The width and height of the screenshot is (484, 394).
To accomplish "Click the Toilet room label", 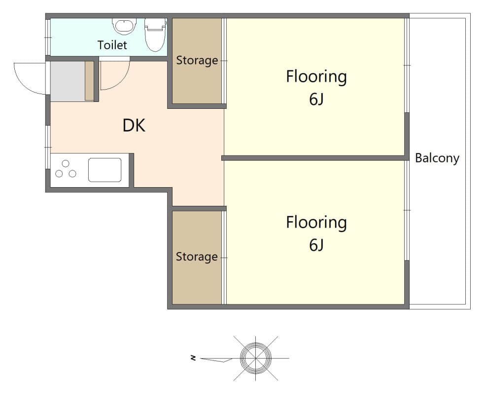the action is pyautogui.click(x=112, y=45).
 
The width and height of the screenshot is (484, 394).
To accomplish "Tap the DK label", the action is pyautogui.click(x=134, y=126).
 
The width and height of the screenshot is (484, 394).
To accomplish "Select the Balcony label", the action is pyautogui.click(x=437, y=158).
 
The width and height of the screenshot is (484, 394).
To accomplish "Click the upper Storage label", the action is pyautogui.click(x=197, y=60).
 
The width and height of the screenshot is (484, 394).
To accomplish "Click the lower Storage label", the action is pyautogui.click(x=197, y=257).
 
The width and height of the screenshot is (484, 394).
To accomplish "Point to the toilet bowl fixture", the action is pyautogui.click(x=155, y=34).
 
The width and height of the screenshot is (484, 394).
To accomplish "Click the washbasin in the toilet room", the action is pyautogui.click(x=124, y=26).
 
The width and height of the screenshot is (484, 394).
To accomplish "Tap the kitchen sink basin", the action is pyautogui.click(x=104, y=170).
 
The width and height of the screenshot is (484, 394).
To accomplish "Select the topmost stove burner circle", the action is pyautogui.click(x=66, y=164).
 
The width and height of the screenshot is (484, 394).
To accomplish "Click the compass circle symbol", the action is pyautogui.click(x=256, y=359).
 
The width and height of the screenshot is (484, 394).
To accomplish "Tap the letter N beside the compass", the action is pyautogui.click(x=193, y=358).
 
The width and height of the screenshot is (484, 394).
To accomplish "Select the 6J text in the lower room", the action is pyautogui.click(x=316, y=245).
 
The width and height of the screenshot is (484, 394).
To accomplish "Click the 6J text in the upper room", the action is pyautogui.click(x=316, y=99).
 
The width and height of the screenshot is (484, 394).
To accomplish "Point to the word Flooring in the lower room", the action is pyautogui.click(x=316, y=223).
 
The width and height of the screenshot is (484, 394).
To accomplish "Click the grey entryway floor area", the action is pyautogui.click(x=68, y=81).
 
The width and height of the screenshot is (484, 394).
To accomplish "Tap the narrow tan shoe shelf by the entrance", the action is pyautogui.click(x=89, y=81).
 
